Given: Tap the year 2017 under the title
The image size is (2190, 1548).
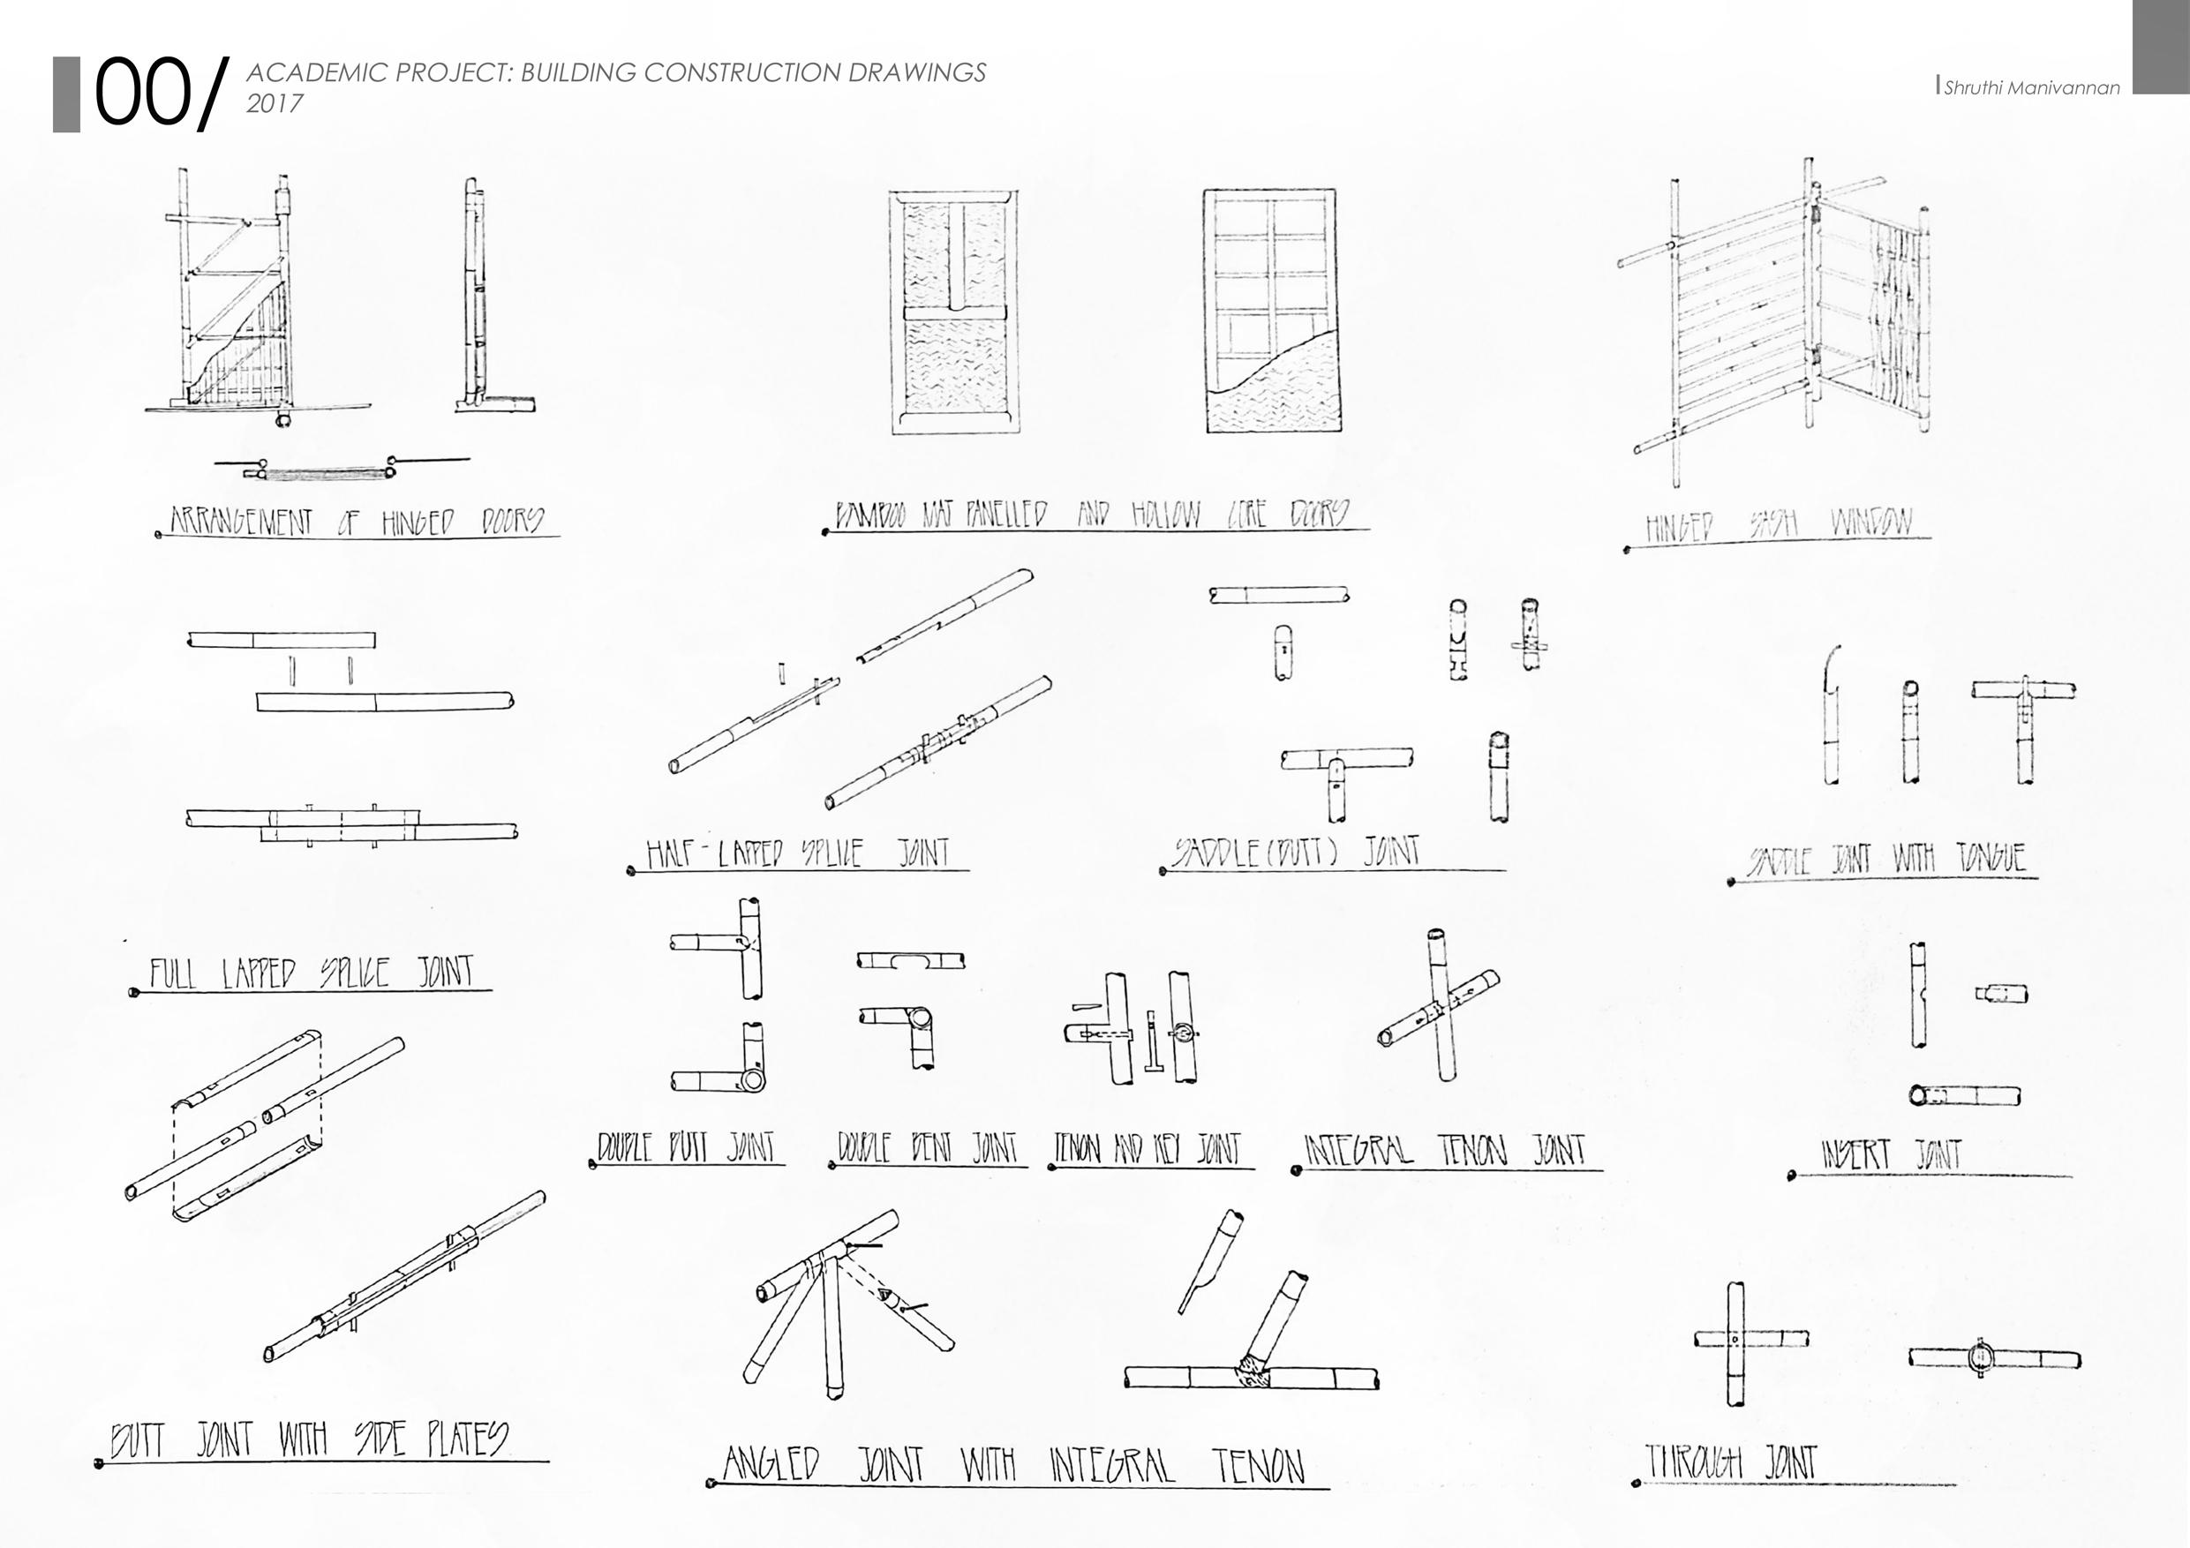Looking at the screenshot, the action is click(275, 103).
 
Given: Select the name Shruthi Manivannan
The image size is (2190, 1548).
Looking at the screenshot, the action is click(2031, 87).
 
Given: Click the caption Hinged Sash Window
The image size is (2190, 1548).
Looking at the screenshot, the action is click(1778, 523).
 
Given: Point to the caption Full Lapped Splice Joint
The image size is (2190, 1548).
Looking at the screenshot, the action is click(311, 972).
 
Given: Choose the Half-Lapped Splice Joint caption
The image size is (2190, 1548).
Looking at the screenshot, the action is click(797, 852).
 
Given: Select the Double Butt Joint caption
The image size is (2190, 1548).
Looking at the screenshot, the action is click(687, 1146).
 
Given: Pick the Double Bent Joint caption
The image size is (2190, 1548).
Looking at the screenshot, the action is click(927, 1147).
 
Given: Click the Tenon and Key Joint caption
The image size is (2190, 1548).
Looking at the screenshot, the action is click(1147, 1148).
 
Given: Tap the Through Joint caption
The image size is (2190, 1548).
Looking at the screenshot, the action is click(1731, 1462).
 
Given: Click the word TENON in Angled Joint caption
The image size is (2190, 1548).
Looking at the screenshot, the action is click(1258, 1466).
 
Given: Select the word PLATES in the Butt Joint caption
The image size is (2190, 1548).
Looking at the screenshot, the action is click(466, 1439).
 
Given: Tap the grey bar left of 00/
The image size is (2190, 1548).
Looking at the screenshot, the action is click(66, 94).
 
